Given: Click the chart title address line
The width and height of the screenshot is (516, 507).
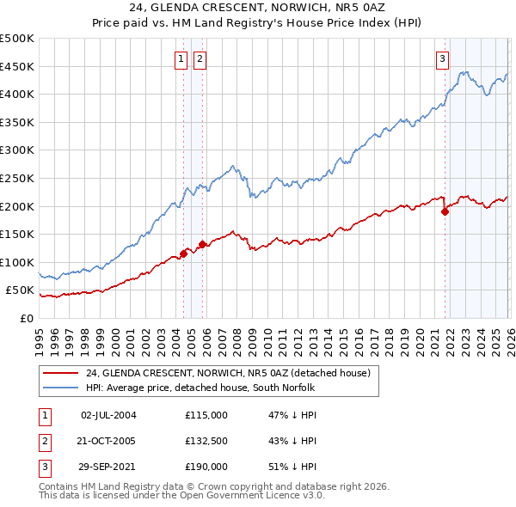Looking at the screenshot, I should pos(257,8).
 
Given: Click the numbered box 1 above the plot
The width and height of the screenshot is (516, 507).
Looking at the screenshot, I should pos(181,59).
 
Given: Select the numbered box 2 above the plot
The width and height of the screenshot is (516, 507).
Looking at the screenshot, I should pos(199,59).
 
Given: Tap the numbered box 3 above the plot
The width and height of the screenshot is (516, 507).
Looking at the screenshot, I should pos(442,59).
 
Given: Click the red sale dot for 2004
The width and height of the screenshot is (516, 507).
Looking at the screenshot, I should pos(183,253).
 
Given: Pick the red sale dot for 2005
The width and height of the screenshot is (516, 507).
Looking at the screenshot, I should pos(202,244).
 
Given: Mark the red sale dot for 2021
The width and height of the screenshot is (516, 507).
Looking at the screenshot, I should pos(445,211).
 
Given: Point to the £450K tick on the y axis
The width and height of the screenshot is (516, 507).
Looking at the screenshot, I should pos(17,66).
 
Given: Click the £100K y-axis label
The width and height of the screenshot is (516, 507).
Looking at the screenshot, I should pos(17,262).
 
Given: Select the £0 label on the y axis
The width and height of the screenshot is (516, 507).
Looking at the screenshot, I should pos(28,318).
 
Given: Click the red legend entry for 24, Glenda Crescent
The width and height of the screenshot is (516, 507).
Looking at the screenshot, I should pos(228,373).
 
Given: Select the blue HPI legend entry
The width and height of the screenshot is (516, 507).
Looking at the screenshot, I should pos(202,388).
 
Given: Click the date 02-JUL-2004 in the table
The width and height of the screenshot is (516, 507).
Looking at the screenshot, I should pos(107,415).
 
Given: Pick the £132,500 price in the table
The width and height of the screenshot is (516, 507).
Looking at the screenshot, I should pos(206,441).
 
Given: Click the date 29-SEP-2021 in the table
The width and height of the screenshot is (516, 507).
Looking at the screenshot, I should pos(107,467).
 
